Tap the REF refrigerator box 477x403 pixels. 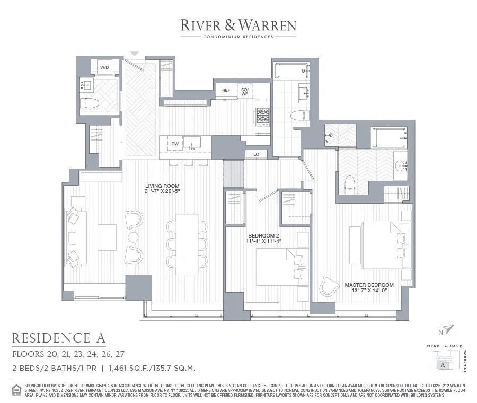[226, 91]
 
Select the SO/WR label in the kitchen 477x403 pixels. [245, 91]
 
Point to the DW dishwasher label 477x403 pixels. [175, 144]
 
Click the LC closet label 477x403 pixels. [256, 154]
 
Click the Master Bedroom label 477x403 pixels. [369, 285]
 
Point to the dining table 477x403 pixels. [187, 244]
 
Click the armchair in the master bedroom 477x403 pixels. [330, 286]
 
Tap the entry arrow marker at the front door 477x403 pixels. [135, 54]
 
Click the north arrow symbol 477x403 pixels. [448, 329]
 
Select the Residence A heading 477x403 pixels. [58, 338]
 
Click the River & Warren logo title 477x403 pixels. [238, 25]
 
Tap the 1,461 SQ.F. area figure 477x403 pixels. [131, 367]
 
